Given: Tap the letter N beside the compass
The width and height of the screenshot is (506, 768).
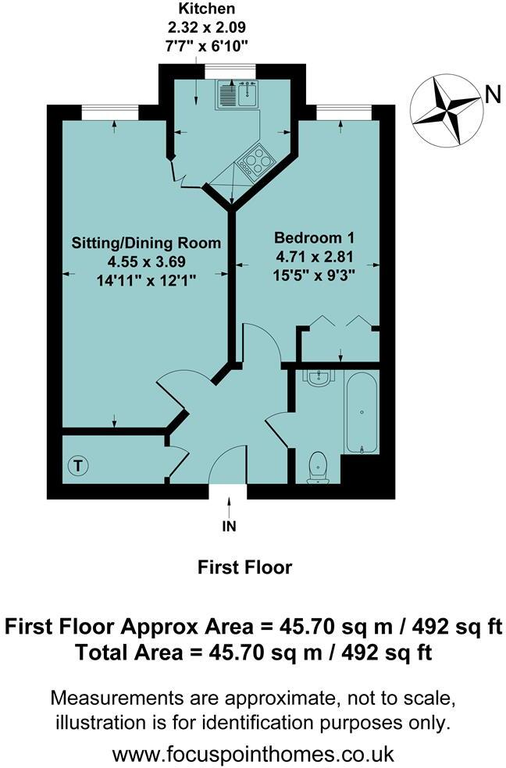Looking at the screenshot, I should coord(493,95).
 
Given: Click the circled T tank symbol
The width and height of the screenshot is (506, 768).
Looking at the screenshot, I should coord(78,466).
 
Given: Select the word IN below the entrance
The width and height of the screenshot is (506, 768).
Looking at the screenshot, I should coord(228,526).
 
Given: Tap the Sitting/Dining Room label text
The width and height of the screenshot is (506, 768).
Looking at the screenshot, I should coord(146,242).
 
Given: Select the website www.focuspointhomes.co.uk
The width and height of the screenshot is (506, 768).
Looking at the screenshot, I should coord(253,754).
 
